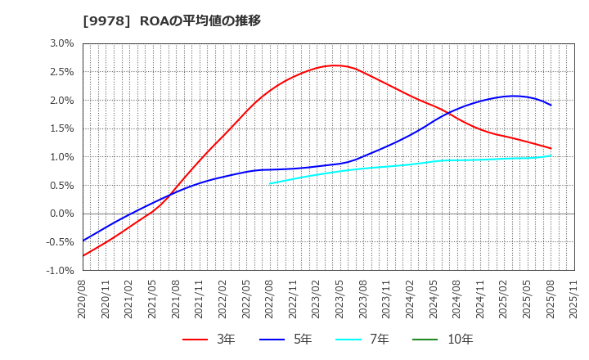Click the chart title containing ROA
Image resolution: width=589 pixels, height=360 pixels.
click(x=172, y=20)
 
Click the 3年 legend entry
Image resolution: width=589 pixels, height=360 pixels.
click(x=209, y=339)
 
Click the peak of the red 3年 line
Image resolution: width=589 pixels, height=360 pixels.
click(x=334, y=65)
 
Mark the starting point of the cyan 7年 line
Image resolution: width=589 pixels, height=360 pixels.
click(x=270, y=183)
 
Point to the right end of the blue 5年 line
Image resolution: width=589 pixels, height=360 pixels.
click(x=551, y=105)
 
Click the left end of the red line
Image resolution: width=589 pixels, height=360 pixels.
click(x=83, y=256)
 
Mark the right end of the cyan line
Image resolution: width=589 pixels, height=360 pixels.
click(x=551, y=155)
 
